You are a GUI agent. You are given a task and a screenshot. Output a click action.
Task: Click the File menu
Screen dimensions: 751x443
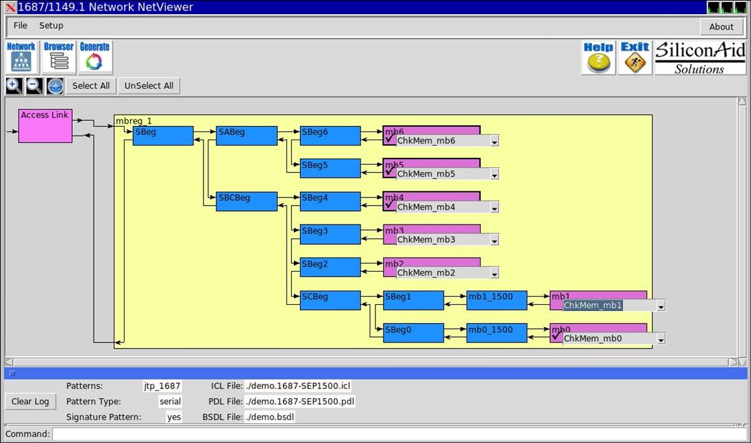click(20, 26)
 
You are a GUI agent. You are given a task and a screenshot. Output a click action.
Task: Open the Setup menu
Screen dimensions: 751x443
click(51, 26)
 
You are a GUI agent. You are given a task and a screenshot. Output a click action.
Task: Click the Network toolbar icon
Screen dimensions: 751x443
click(21, 57)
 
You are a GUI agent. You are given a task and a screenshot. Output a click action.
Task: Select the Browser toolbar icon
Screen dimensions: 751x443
click(59, 57)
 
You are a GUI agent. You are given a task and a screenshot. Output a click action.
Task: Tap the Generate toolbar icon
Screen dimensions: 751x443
click(95, 57)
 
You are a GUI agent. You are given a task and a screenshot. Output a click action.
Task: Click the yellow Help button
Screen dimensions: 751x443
click(598, 58)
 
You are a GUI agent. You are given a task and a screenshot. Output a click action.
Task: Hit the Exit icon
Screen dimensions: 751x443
click(635, 58)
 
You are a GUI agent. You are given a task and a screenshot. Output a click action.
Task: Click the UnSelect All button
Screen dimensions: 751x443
click(149, 86)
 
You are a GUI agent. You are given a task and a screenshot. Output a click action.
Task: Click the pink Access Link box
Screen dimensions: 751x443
click(45, 126)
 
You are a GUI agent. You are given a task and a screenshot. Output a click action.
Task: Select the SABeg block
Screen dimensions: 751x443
click(247, 136)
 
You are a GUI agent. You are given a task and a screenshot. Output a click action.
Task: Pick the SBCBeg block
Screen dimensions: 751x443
click(247, 202)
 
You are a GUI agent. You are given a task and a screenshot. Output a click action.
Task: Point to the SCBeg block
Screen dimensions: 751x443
click(330, 300)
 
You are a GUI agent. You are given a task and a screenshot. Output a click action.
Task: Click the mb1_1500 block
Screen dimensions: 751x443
click(497, 300)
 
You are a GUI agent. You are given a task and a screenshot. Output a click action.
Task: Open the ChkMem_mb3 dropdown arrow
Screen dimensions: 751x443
click(494, 241)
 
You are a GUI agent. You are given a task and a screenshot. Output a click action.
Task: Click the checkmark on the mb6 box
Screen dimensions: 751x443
click(390, 138)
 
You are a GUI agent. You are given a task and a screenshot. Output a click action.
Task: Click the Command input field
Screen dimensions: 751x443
click(400, 434)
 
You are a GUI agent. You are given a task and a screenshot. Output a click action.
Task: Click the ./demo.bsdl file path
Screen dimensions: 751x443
click(270, 417)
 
